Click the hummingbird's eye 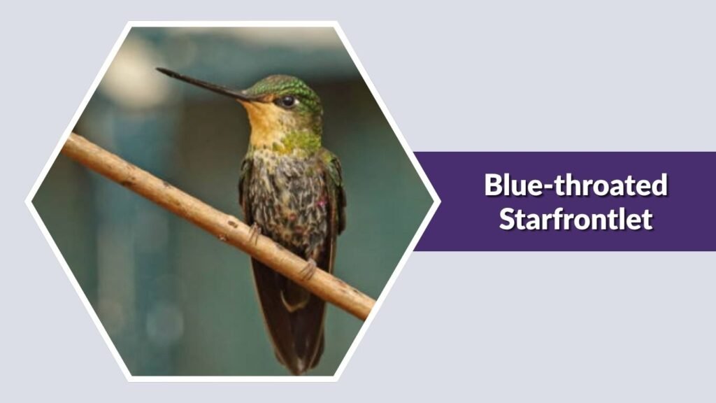click(x=287, y=101)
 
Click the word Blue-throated click(x=575, y=186)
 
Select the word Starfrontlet click(x=575, y=219)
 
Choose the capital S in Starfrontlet click(x=507, y=219)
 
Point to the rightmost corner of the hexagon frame click(x=439, y=201)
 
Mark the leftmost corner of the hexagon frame click(x=27, y=201)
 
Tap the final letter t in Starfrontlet click(x=648, y=219)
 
